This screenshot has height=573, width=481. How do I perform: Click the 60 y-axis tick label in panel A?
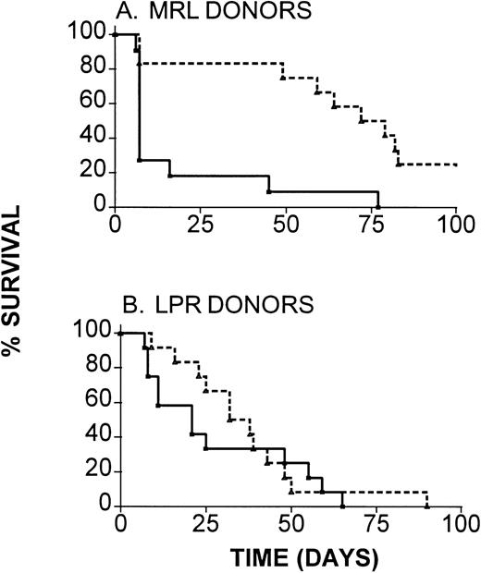pos(91,104)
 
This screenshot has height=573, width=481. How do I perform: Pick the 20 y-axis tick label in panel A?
pos(91,173)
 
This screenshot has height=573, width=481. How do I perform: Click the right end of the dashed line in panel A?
pos(457,165)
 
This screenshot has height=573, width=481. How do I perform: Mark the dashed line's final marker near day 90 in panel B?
pos(427,506)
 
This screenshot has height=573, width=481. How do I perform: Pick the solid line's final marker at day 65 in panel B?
pos(343,506)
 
